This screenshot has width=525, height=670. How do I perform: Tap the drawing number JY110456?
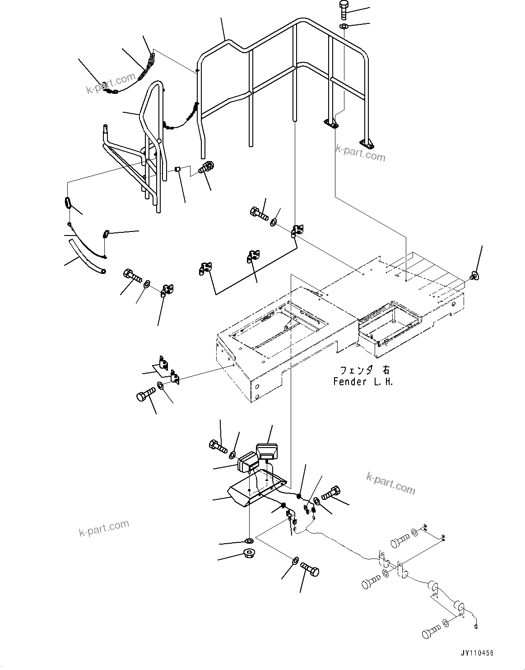point(478,653)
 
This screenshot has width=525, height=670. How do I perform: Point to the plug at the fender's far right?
point(474,275)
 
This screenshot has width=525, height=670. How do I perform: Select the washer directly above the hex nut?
point(249,541)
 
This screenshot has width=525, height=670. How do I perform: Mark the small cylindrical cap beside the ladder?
point(178,170)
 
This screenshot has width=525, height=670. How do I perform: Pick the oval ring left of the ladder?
point(68,203)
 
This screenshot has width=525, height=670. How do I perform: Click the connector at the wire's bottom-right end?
point(476,626)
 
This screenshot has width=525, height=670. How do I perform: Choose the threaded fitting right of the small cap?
point(207,168)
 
